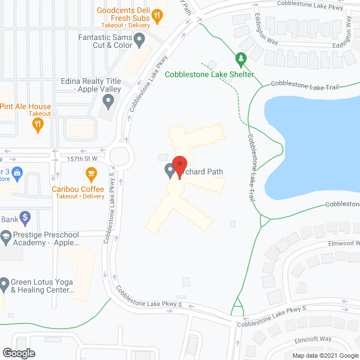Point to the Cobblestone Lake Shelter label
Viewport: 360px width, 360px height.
209,75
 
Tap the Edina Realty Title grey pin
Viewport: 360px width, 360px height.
109,101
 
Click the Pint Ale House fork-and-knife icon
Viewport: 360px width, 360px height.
38,125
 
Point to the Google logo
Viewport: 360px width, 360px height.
18,353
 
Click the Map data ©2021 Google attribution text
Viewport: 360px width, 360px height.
325,355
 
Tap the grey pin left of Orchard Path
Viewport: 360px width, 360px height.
169,170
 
